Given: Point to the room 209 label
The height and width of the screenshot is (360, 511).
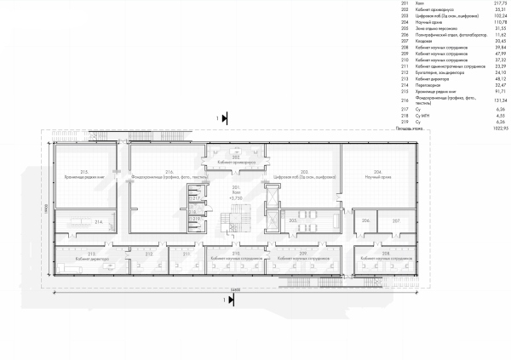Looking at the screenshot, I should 303,253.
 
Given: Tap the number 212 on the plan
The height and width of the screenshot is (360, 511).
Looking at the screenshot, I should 150,253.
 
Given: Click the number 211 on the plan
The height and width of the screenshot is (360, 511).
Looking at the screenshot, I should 185,253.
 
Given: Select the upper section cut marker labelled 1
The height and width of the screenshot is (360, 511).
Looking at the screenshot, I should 223,118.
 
